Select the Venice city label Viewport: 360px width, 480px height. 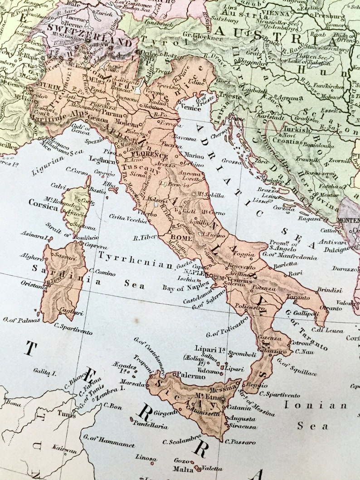(190, 108)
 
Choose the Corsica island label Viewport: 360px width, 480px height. (44, 203)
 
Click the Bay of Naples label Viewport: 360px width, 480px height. (186, 286)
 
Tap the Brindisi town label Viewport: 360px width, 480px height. (330, 290)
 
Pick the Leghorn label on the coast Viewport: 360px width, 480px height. (102, 160)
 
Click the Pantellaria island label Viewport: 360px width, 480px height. (151, 425)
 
